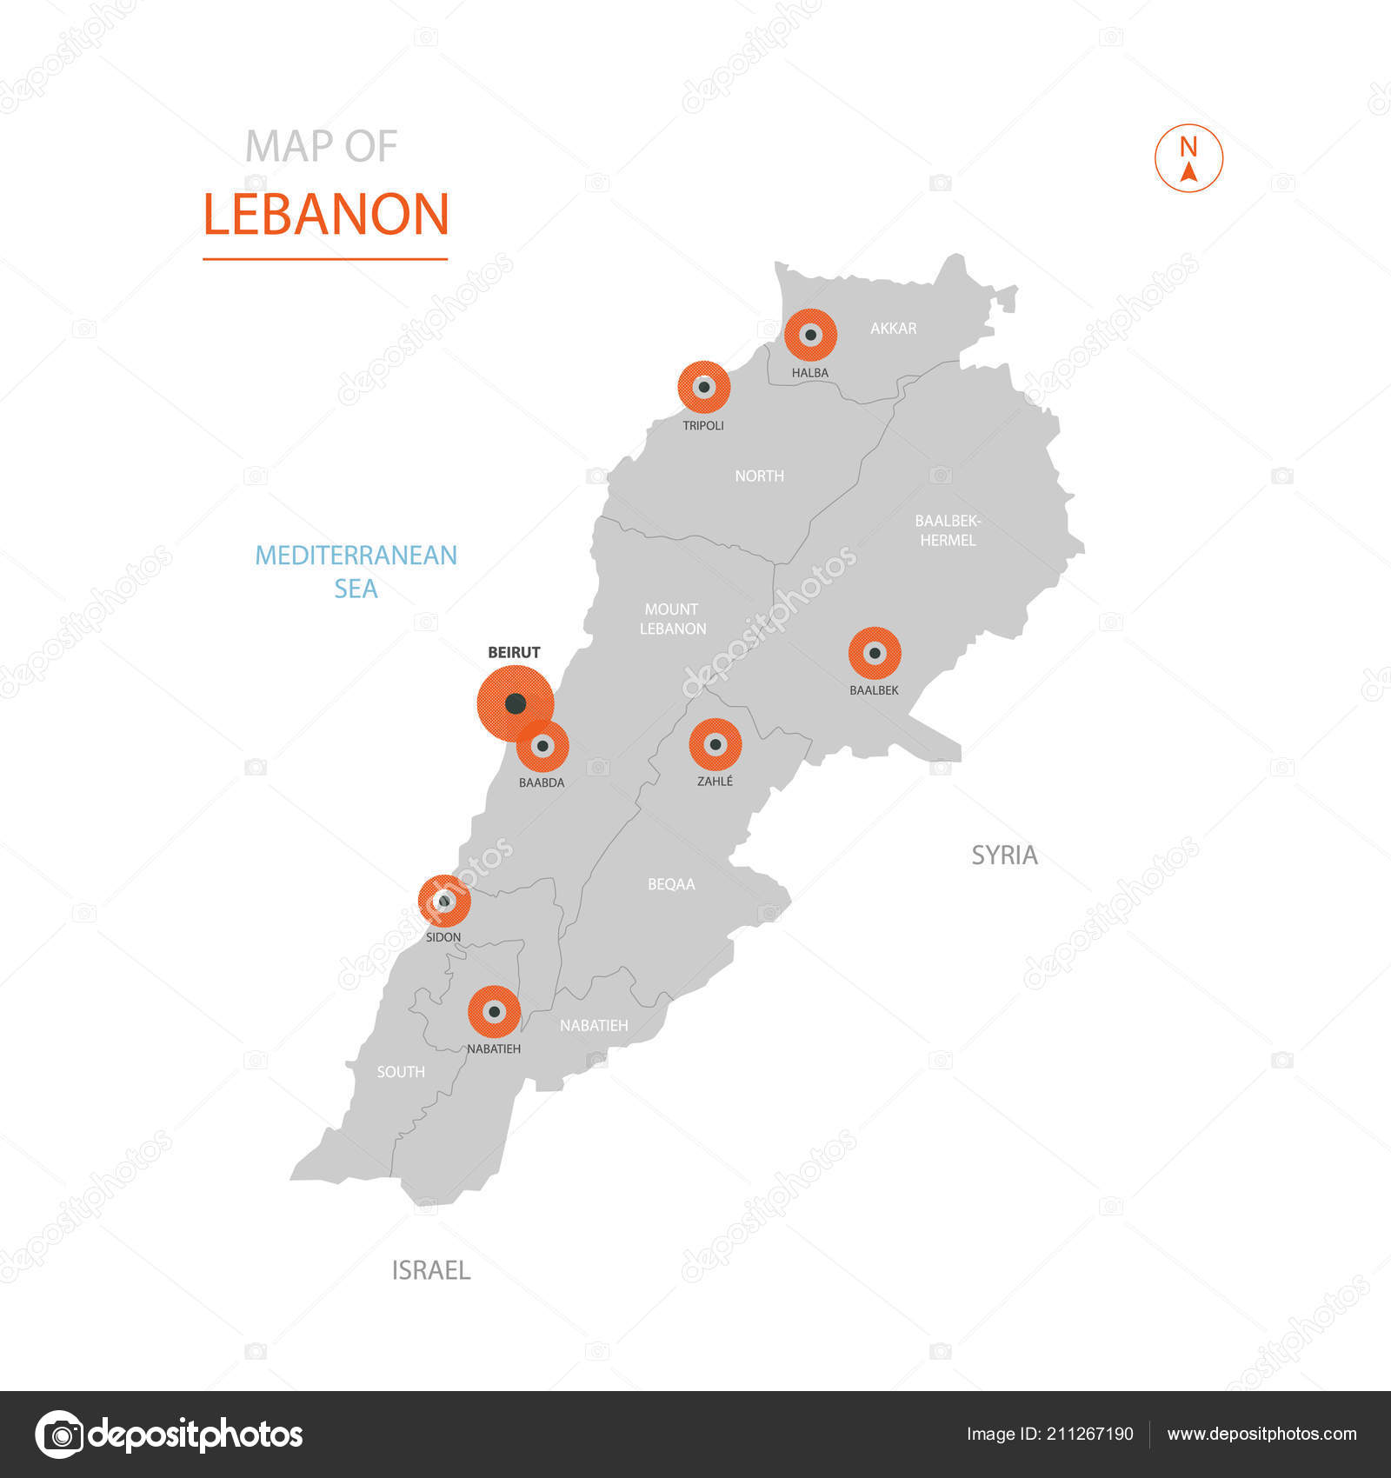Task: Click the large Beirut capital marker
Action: click(515, 702)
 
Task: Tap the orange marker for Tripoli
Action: click(704, 387)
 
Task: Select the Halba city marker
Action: click(810, 335)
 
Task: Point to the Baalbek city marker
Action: click(875, 653)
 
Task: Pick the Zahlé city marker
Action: click(715, 744)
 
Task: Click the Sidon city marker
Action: click(444, 901)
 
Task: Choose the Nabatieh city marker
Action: click(494, 1012)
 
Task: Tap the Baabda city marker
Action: click(543, 746)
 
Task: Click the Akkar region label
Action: click(893, 328)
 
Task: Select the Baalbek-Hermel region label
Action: click(948, 530)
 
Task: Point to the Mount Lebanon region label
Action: click(672, 619)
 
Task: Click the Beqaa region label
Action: click(671, 884)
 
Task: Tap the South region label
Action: click(401, 1072)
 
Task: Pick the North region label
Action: click(759, 476)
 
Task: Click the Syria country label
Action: click(1004, 856)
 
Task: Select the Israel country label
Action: click(430, 1270)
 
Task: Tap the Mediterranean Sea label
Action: click(356, 571)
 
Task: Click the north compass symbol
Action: click(1188, 158)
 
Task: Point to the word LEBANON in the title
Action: click(326, 215)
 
